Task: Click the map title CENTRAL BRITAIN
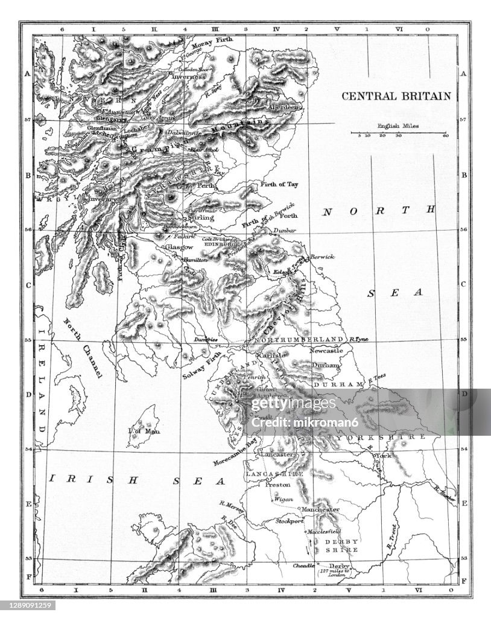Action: pos(396,96)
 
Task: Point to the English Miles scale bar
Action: pos(399,132)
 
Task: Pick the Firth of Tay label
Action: pos(279,184)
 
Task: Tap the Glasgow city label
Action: pos(179,247)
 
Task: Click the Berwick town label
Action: pos(323,257)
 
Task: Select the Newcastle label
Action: pos(326,350)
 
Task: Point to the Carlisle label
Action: pos(271,356)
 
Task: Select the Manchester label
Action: pos(320,509)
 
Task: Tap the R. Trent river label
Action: pos(391,537)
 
